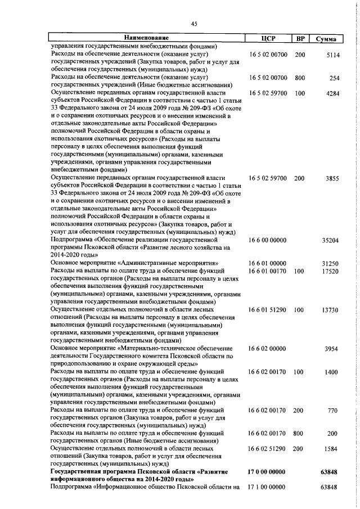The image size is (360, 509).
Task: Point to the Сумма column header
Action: click(x=326, y=39)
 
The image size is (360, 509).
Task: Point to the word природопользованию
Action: click(x=82, y=364)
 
